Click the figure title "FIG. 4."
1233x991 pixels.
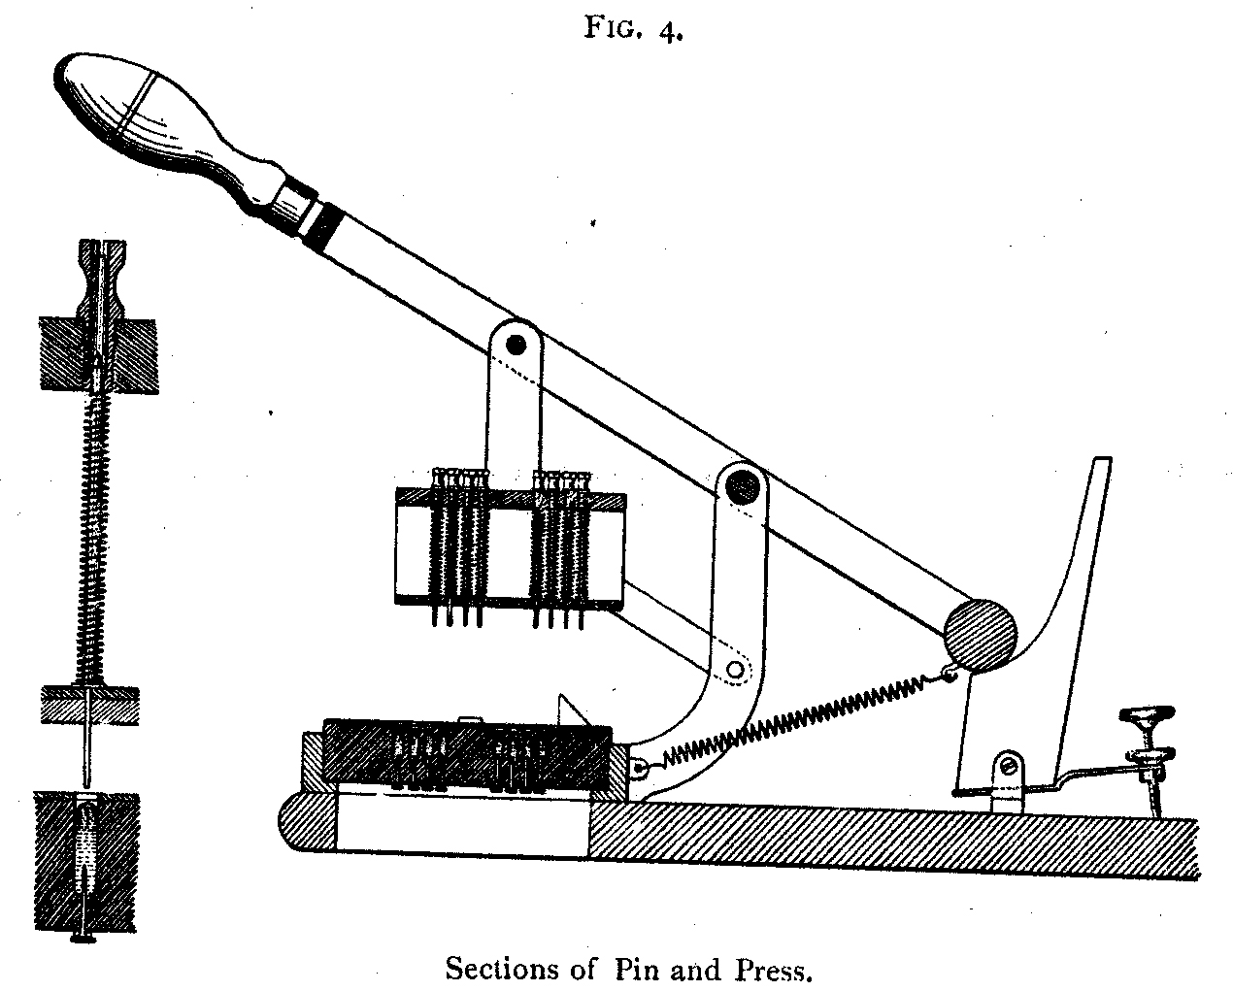pos(633,28)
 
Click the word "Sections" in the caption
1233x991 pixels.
pos(503,969)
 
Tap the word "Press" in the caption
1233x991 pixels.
pos(773,969)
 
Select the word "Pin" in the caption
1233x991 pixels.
pos(638,969)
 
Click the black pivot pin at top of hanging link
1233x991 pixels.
pos(516,345)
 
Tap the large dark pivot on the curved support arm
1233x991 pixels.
pos(742,487)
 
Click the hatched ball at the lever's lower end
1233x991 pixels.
pos(981,636)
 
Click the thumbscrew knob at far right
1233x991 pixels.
pos(1146,716)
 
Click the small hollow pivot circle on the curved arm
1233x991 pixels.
pos(735,669)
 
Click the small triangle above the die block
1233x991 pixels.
pos(571,710)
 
